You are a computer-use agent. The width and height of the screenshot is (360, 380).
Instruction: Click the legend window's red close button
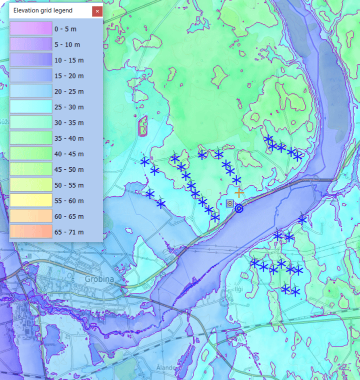[x=97, y=11]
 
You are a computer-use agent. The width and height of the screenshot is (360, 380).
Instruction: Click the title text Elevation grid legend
[x=43, y=10]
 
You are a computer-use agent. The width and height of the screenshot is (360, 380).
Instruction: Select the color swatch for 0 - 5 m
[x=30, y=29]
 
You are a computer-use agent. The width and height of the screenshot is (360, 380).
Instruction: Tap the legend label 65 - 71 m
[x=69, y=232]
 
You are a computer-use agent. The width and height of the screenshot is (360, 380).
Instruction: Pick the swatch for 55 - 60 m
[x=30, y=201]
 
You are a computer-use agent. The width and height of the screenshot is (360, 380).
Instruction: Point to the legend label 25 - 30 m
[x=69, y=107]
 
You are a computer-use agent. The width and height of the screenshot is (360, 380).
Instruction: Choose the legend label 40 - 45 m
[x=69, y=154]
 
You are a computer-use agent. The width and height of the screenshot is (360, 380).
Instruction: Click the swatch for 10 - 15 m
[x=30, y=60]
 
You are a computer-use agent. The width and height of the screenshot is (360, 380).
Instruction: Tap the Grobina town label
[x=98, y=279]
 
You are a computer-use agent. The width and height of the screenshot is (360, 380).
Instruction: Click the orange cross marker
[x=239, y=192]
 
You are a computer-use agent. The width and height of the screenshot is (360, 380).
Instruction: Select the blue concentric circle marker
[x=239, y=208]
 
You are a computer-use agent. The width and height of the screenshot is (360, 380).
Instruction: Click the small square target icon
[x=230, y=203]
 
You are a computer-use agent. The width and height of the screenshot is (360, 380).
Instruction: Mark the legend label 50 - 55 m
[x=69, y=185]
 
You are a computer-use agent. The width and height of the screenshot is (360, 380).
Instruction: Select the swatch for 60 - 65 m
[x=30, y=216]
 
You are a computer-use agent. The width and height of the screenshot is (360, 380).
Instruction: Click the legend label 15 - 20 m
[x=69, y=76]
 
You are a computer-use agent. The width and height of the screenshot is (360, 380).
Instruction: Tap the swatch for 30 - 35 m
[x=30, y=123]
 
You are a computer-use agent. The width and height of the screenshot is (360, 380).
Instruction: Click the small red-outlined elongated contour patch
[x=143, y=126]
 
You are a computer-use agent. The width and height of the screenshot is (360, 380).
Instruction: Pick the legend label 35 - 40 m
[x=69, y=138]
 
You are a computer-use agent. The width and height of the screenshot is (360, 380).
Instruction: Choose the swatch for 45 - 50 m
[x=30, y=170]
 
